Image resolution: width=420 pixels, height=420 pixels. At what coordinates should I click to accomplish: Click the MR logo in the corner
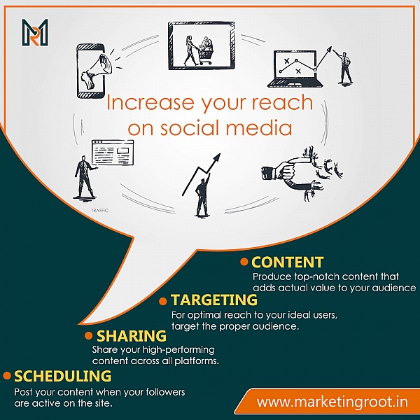35,32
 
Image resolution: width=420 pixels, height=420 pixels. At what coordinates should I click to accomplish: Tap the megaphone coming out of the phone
97,71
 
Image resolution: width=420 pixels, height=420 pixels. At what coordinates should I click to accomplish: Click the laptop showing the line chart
295,69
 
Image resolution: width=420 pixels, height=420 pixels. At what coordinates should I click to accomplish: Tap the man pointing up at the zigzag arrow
202,195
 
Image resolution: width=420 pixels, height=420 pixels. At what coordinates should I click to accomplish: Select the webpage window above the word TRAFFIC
113,153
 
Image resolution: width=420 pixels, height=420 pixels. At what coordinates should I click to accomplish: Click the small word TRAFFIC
99,211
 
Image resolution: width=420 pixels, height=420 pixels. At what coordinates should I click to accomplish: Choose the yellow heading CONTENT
288,262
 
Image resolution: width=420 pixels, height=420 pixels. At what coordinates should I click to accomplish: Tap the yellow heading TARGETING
214,300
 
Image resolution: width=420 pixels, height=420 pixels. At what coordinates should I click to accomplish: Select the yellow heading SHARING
132,336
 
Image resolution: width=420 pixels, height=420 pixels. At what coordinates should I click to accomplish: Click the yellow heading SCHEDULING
62,376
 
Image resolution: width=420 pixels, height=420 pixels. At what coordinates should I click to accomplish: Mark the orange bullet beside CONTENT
244,262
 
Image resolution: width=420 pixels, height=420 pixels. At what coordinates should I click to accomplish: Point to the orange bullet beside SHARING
88,335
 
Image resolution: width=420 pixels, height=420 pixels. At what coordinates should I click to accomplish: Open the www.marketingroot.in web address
332,402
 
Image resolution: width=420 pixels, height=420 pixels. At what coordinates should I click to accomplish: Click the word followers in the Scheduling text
165,392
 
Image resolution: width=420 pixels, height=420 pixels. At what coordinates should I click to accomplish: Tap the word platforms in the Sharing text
197,360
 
